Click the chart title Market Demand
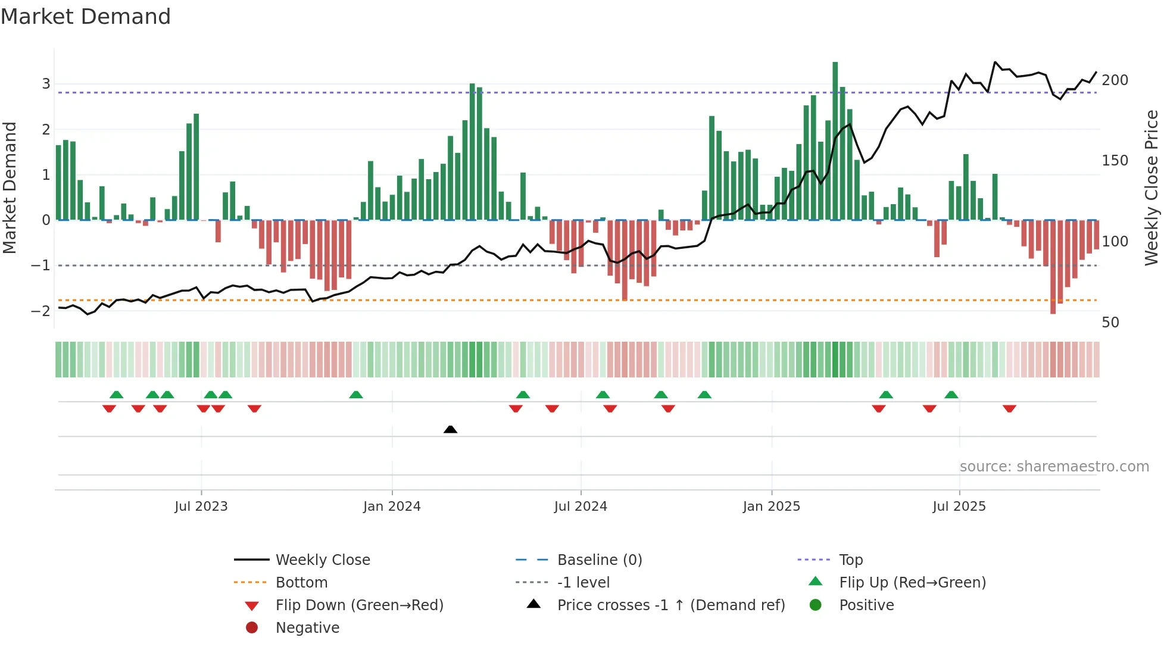coord(86,17)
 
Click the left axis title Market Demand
coord(10,188)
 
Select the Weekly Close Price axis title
coord(1152,188)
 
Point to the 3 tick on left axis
coord(46,84)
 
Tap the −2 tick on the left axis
coord(41,311)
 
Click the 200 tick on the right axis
coord(1115,80)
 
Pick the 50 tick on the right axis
coord(1110,323)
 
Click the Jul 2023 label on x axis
coord(201,507)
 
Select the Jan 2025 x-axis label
coord(771,507)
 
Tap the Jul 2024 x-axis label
coord(581,507)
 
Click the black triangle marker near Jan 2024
coord(451,429)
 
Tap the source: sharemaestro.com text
coord(1054,467)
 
